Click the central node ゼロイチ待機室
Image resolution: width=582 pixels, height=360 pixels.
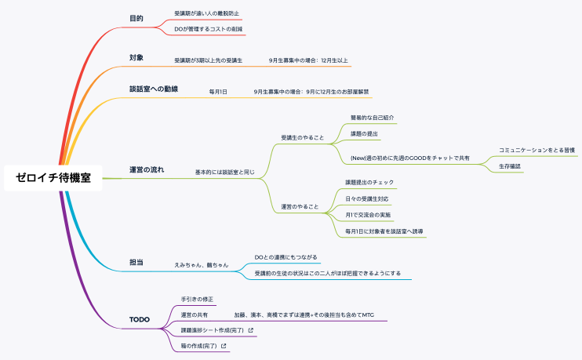click(53, 178)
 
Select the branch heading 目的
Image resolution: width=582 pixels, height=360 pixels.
click(136, 18)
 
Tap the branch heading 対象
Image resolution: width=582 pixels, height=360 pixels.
click(136, 57)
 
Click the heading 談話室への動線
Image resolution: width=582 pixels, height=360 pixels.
click(154, 89)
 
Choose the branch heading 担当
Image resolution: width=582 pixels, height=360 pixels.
click(136, 262)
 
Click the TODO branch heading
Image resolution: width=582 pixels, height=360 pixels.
click(140, 320)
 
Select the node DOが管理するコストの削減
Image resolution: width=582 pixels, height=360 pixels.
click(209, 29)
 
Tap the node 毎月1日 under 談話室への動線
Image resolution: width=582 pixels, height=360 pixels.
click(218, 92)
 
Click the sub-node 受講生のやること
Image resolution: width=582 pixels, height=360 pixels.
click(303, 138)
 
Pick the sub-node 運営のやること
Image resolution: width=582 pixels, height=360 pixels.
click(300, 207)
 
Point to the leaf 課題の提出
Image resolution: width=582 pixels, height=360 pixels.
click(365, 134)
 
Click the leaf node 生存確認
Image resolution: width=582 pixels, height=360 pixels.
click(510, 166)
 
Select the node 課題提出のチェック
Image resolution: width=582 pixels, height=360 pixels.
click(369, 182)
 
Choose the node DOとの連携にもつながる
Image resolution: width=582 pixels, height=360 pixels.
click(287, 256)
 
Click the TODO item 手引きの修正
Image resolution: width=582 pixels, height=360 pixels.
click(197, 299)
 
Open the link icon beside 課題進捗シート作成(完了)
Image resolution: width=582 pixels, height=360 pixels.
click(250, 330)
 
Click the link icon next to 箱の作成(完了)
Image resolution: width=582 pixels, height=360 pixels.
click(224, 346)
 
